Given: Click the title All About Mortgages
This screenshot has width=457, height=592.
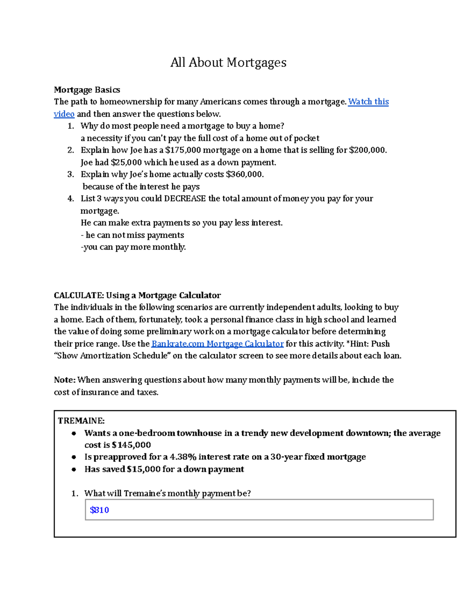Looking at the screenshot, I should [228, 63].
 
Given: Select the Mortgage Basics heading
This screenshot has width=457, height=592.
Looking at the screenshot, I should [87, 90].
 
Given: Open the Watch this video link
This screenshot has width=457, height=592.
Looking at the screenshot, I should [368, 102].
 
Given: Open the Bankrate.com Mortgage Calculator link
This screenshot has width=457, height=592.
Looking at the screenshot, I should [217, 344].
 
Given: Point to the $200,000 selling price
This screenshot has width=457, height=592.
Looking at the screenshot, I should [367, 150].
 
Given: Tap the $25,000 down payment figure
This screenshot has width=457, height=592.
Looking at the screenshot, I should [126, 162].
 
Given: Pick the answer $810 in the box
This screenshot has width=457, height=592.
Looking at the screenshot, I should [99, 510].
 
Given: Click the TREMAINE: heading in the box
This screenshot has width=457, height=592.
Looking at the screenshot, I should [81, 421].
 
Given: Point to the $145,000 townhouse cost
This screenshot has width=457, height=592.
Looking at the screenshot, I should [131, 445].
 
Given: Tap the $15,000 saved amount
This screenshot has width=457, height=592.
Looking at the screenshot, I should [144, 469].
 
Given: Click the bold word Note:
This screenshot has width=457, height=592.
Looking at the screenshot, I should [65, 380].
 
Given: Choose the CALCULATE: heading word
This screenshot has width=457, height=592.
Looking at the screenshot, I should [78, 295].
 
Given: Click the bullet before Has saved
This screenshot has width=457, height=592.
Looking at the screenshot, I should [74, 470].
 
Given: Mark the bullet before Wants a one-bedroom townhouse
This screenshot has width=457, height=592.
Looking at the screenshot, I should [74, 433].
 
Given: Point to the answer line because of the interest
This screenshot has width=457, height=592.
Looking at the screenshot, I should [141, 187].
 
